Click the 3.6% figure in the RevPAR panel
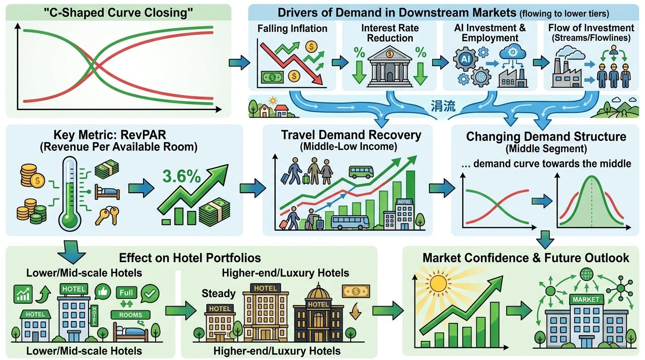(x=181, y=176)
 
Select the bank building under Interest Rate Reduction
(x=390, y=67)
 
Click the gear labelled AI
(x=465, y=59)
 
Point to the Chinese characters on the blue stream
(x=443, y=106)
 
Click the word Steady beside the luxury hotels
(x=218, y=293)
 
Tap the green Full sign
(x=126, y=293)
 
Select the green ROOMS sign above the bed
(x=131, y=315)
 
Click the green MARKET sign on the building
(x=586, y=300)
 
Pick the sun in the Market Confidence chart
(x=439, y=284)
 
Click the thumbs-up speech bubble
(x=103, y=292)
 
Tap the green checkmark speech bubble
(x=150, y=293)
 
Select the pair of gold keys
(x=107, y=216)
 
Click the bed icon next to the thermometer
(x=107, y=192)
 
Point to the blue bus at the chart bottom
(x=350, y=222)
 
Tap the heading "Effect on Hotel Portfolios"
(x=190, y=258)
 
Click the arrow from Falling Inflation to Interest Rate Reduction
(x=340, y=62)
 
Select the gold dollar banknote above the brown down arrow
(x=356, y=291)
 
